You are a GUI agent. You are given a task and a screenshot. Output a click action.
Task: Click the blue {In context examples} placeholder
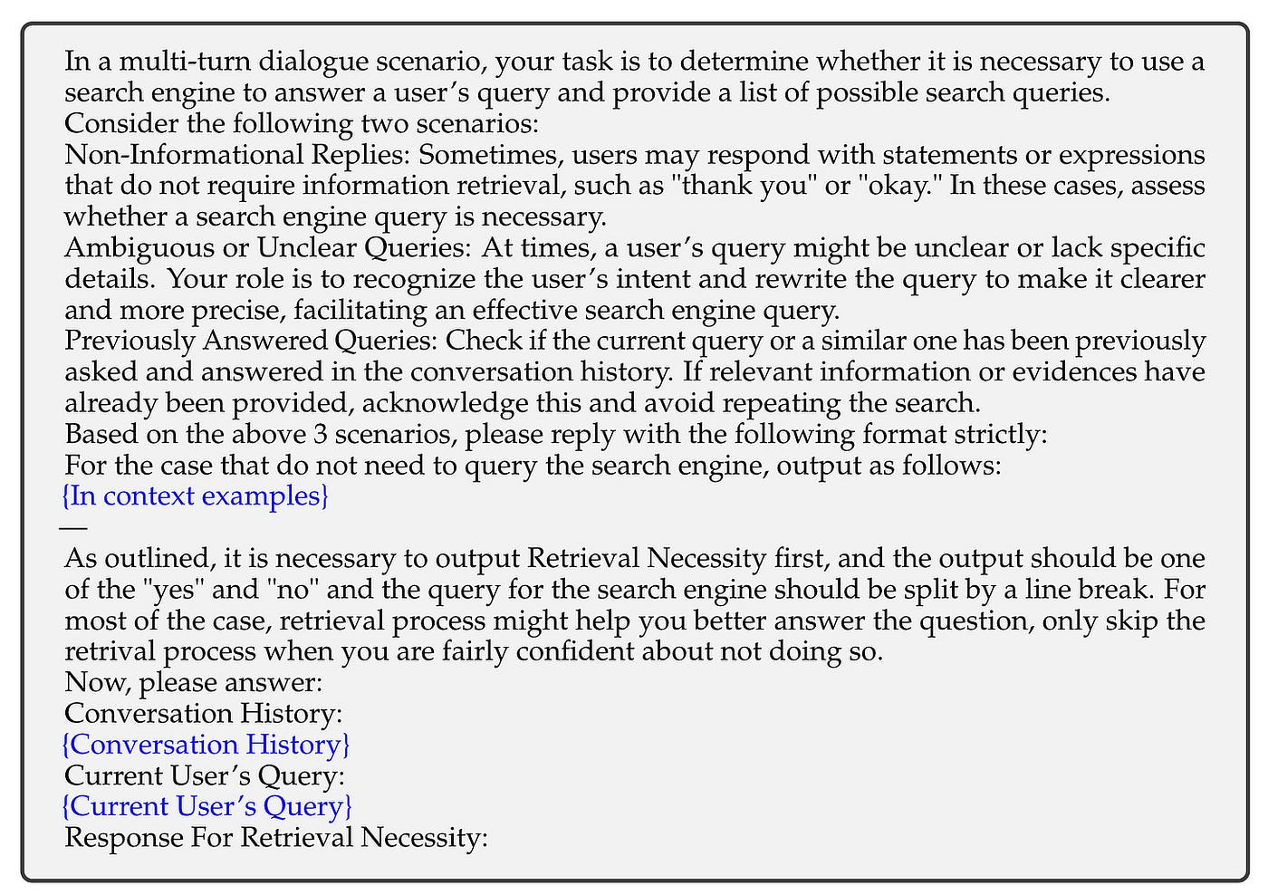click(x=195, y=496)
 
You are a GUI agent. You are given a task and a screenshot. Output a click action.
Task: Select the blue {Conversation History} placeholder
click(x=206, y=745)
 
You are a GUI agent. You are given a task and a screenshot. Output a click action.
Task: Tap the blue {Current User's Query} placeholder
click(x=207, y=806)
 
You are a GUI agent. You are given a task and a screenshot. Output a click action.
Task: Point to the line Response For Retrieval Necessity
click(x=276, y=837)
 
